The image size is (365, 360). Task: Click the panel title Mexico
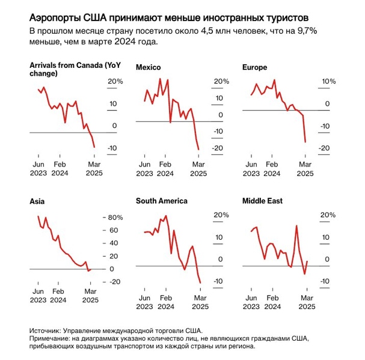pos(149,67)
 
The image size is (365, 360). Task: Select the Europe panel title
pos(254,67)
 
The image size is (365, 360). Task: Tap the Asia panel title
pos(37,201)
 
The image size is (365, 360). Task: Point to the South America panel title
pos(161,201)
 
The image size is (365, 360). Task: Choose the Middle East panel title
pos(262,201)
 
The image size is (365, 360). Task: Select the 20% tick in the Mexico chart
pos(221,81)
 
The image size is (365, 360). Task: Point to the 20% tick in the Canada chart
pos(115,81)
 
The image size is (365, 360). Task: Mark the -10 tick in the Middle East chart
pos(324,281)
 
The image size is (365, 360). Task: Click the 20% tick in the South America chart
pos(221,215)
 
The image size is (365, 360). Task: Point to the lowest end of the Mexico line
pos(198,150)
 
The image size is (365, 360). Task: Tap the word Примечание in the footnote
pos(52,338)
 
